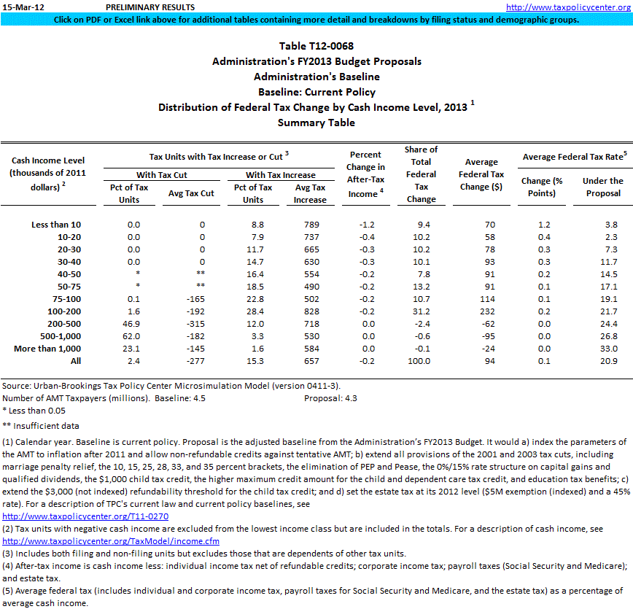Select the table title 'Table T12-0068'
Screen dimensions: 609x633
coord(316,47)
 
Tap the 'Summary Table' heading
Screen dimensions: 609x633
coord(316,123)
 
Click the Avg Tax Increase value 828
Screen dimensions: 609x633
coord(310,311)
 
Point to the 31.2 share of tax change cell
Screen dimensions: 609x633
coord(421,311)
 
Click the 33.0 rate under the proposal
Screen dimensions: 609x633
coord(609,349)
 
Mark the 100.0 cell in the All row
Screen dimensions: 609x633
coord(421,361)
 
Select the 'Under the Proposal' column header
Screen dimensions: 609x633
coord(602,187)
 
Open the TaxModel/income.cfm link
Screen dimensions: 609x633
coord(111,542)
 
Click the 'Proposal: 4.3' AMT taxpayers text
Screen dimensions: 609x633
coord(330,398)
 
